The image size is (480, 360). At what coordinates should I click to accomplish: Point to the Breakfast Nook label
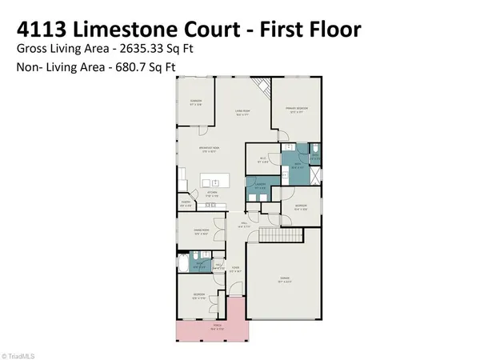(x=211, y=150)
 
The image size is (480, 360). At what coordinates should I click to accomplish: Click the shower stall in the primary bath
(x=315, y=171)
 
